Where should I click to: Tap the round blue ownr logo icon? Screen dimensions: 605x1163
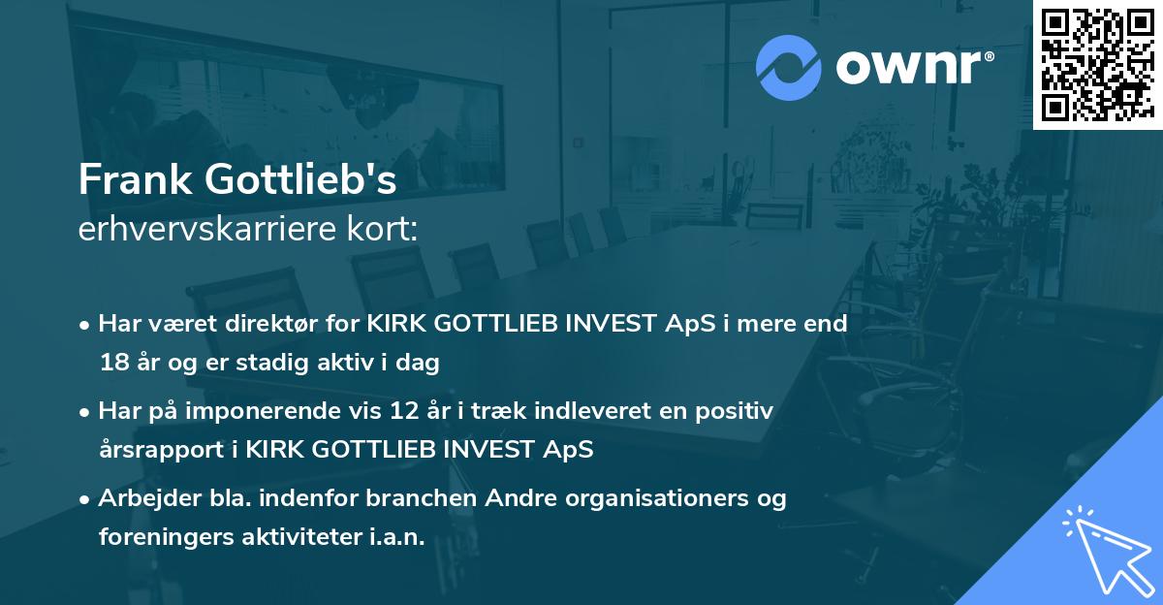[x=788, y=68]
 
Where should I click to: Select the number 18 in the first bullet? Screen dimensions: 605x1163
[x=112, y=364]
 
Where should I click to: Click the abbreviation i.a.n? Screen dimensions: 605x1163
[x=397, y=538]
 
